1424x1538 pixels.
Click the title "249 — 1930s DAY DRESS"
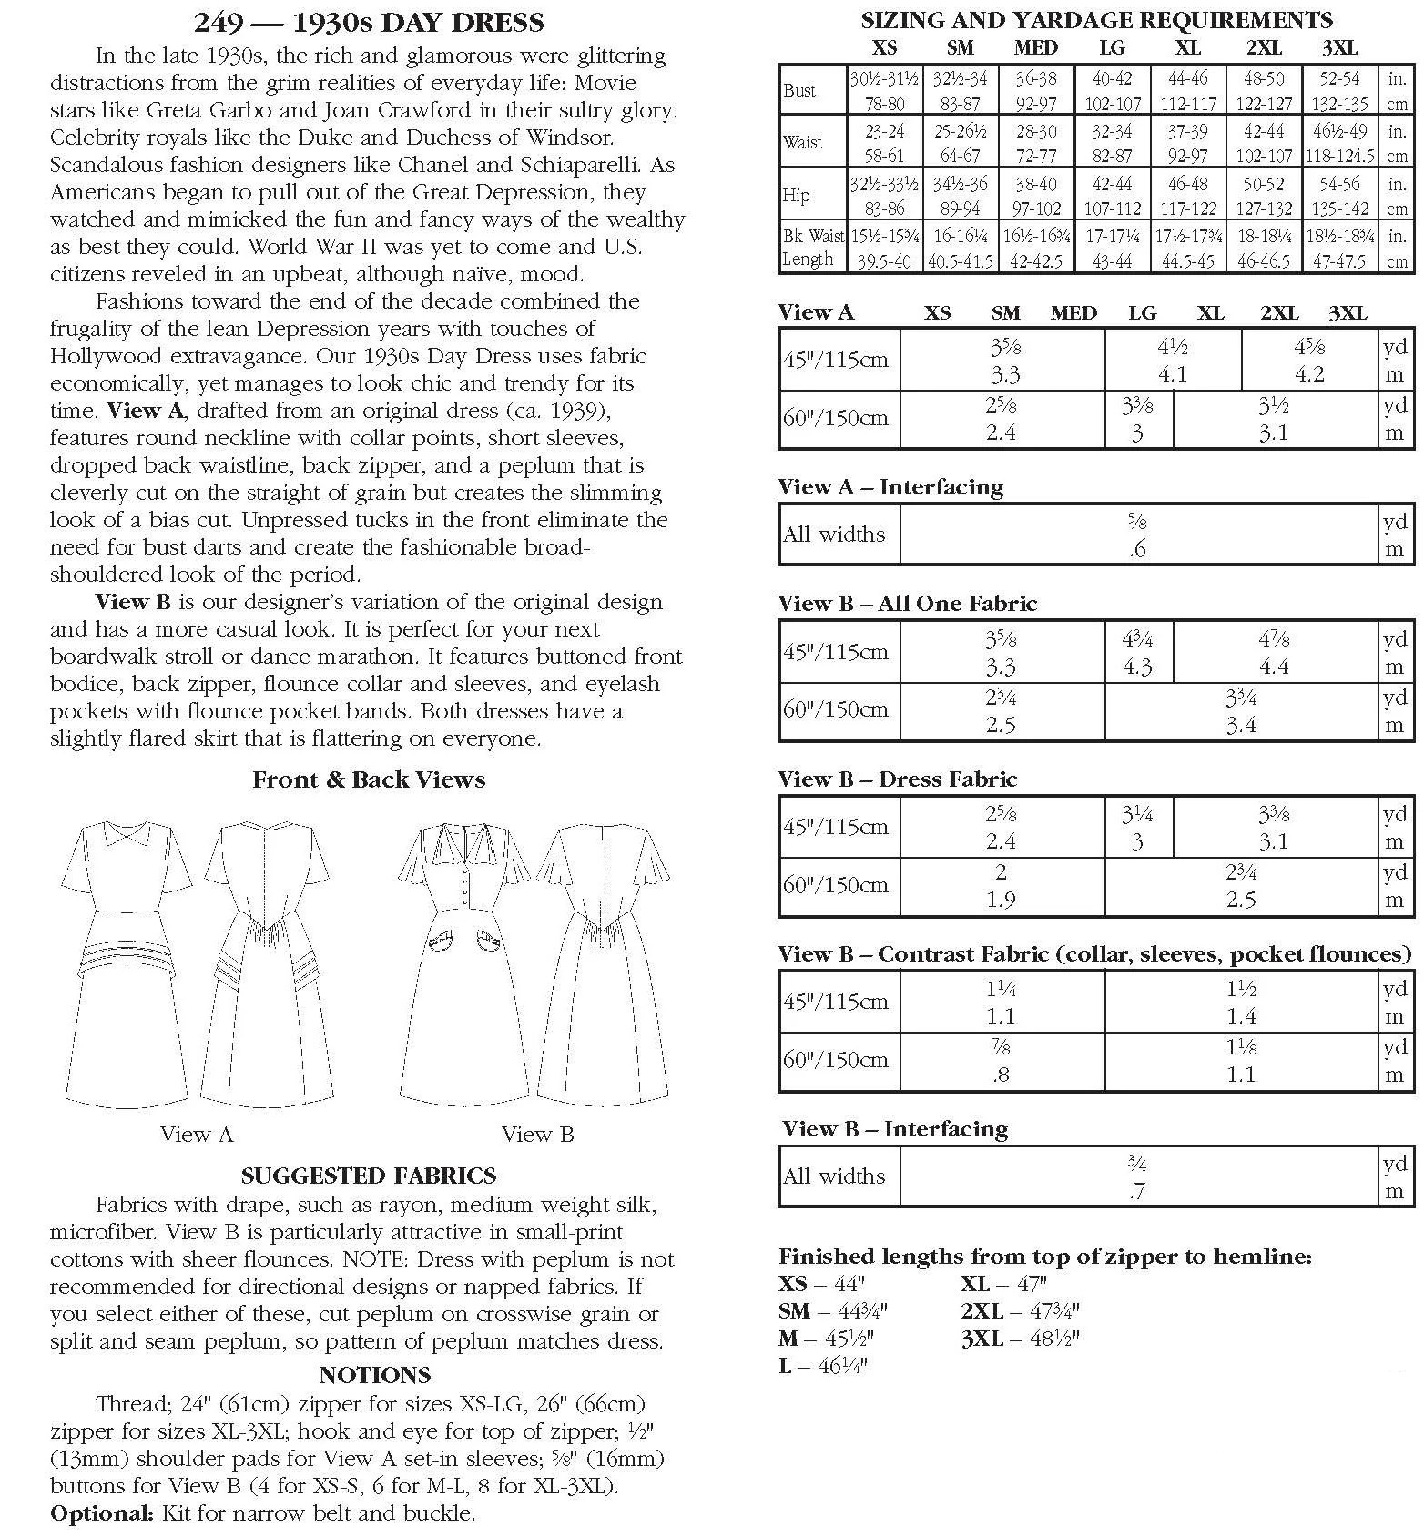click(x=369, y=22)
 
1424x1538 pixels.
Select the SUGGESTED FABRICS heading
click(x=369, y=1175)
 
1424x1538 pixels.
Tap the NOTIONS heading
click(x=374, y=1374)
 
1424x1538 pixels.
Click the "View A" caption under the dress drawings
click(x=197, y=1134)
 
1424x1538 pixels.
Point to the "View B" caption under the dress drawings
click(x=537, y=1134)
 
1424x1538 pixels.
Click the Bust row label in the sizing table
click(x=799, y=90)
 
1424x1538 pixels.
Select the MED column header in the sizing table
click(x=1035, y=48)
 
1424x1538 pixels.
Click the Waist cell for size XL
click(x=1187, y=143)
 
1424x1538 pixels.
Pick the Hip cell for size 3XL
click(x=1339, y=196)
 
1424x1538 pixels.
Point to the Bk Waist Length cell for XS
click(x=884, y=248)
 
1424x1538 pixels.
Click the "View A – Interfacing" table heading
click(x=890, y=487)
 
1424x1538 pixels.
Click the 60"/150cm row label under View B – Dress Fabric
click(x=836, y=885)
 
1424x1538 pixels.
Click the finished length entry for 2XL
click(x=1020, y=1311)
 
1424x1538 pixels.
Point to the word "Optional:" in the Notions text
click(x=102, y=1513)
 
